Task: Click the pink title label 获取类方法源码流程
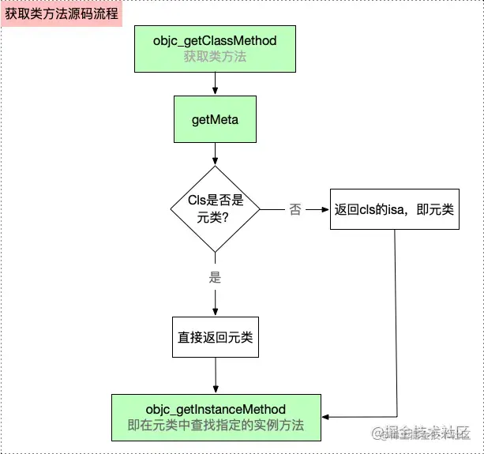(62, 13)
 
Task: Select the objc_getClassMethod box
(215, 47)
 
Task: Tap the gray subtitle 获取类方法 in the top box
(215, 57)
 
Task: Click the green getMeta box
(216, 120)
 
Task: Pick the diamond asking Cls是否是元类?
(216, 209)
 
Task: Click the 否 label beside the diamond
(295, 210)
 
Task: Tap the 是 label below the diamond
(216, 277)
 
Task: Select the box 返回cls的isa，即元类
(394, 209)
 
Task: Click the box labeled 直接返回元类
(216, 338)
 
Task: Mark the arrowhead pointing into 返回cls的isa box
(325, 210)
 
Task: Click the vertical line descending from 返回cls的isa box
(394, 316)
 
